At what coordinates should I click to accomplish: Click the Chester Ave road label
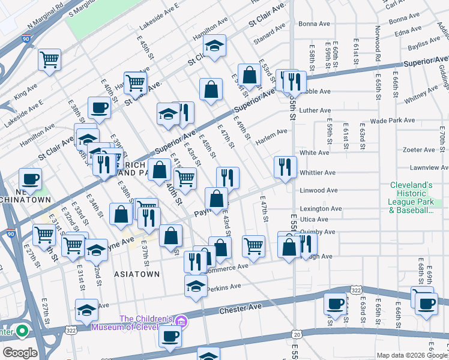pos(243,307)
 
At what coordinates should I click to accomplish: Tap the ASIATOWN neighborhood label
pos(137,274)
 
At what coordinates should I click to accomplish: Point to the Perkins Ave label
pos(223,289)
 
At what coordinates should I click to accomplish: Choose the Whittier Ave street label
pos(318,172)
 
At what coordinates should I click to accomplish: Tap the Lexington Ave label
pos(321,209)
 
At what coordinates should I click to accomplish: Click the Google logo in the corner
pos(20,353)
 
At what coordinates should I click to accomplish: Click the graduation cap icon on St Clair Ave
pos(214,46)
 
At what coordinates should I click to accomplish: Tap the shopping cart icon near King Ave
pos(49,59)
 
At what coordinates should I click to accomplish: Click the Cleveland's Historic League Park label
pos(411,197)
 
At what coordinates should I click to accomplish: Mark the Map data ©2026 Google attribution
pos(412,355)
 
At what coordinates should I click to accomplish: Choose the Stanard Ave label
pos(269,32)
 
